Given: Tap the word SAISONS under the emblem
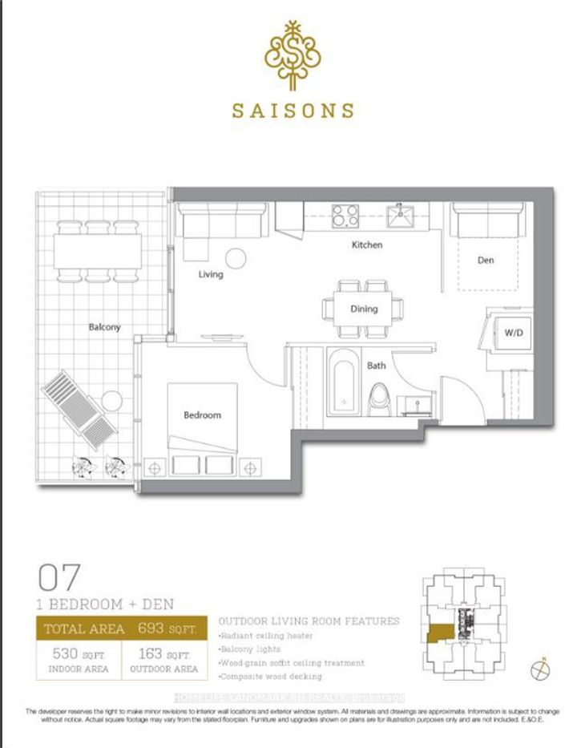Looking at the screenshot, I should pyautogui.click(x=293, y=111).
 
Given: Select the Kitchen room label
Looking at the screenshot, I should pyautogui.click(x=367, y=245).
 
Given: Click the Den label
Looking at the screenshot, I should pyautogui.click(x=486, y=261).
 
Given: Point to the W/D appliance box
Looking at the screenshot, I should pyautogui.click(x=512, y=333).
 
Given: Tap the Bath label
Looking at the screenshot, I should pyautogui.click(x=377, y=366).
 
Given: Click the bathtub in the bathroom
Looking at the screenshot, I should pyautogui.click(x=345, y=383).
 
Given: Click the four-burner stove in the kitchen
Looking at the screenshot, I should pyautogui.click(x=346, y=214).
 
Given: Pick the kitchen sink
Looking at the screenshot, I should pyautogui.click(x=398, y=215).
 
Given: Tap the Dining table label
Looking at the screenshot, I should pyautogui.click(x=364, y=309).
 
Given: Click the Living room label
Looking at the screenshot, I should pyautogui.click(x=211, y=274).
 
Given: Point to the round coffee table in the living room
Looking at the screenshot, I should pyautogui.click(x=236, y=258).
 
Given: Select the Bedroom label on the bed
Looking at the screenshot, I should pyautogui.click(x=202, y=415).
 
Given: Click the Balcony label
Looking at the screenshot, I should pyautogui.click(x=105, y=327).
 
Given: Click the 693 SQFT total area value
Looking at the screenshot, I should pyautogui.click(x=166, y=629).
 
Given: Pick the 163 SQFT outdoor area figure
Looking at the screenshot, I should pyautogui.click(x=163, y=653).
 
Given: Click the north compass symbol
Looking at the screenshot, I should pyautogui.click(x=543, y=667).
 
